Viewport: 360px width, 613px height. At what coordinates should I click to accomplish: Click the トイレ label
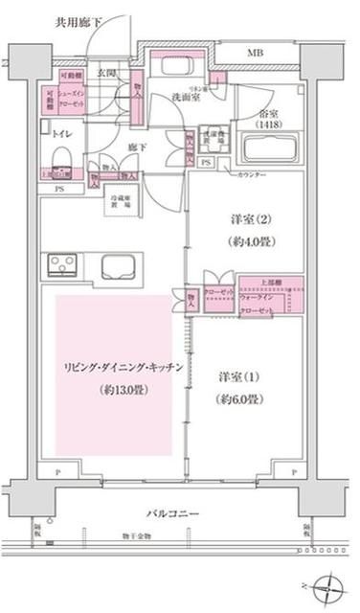[62, 133]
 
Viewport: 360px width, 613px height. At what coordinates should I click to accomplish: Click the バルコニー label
[172, 514]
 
